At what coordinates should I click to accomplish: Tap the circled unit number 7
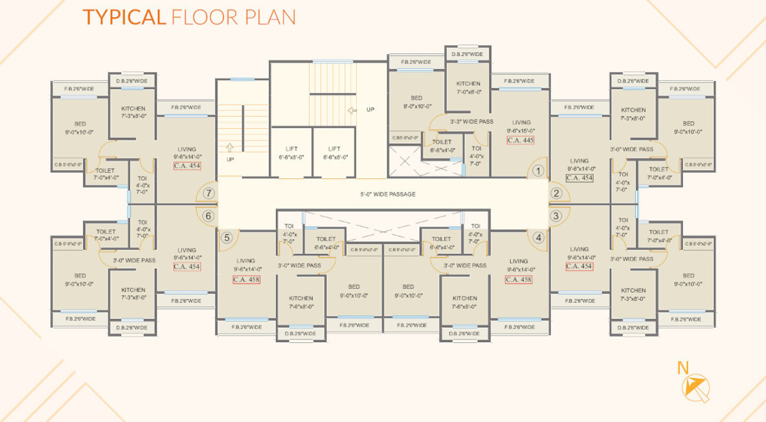(x=208, y=193)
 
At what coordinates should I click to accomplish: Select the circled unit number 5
(x=226, y=238)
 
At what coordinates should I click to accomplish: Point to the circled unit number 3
(x=556, y=216)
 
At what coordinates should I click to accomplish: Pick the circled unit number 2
(x=556, y=193)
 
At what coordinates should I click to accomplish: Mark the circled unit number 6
(x=208, y=216)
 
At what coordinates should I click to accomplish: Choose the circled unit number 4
(x=538, y=238)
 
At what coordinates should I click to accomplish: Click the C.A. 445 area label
(x=520, y=140)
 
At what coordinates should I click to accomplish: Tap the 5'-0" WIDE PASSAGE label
(x=388, y=194)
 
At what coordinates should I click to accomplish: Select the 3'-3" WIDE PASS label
(x=471, y=121)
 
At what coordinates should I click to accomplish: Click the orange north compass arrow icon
(x=695, y=388)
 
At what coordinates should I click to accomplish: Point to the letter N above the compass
(x=683, y=368)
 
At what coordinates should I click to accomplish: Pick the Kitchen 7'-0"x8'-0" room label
(x=468, y=88)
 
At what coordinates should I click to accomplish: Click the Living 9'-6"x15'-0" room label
(x=521, y=126)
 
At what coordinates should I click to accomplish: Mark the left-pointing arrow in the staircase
(x=352, y=110)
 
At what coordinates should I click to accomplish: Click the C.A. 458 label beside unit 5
(x=246, y=280)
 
